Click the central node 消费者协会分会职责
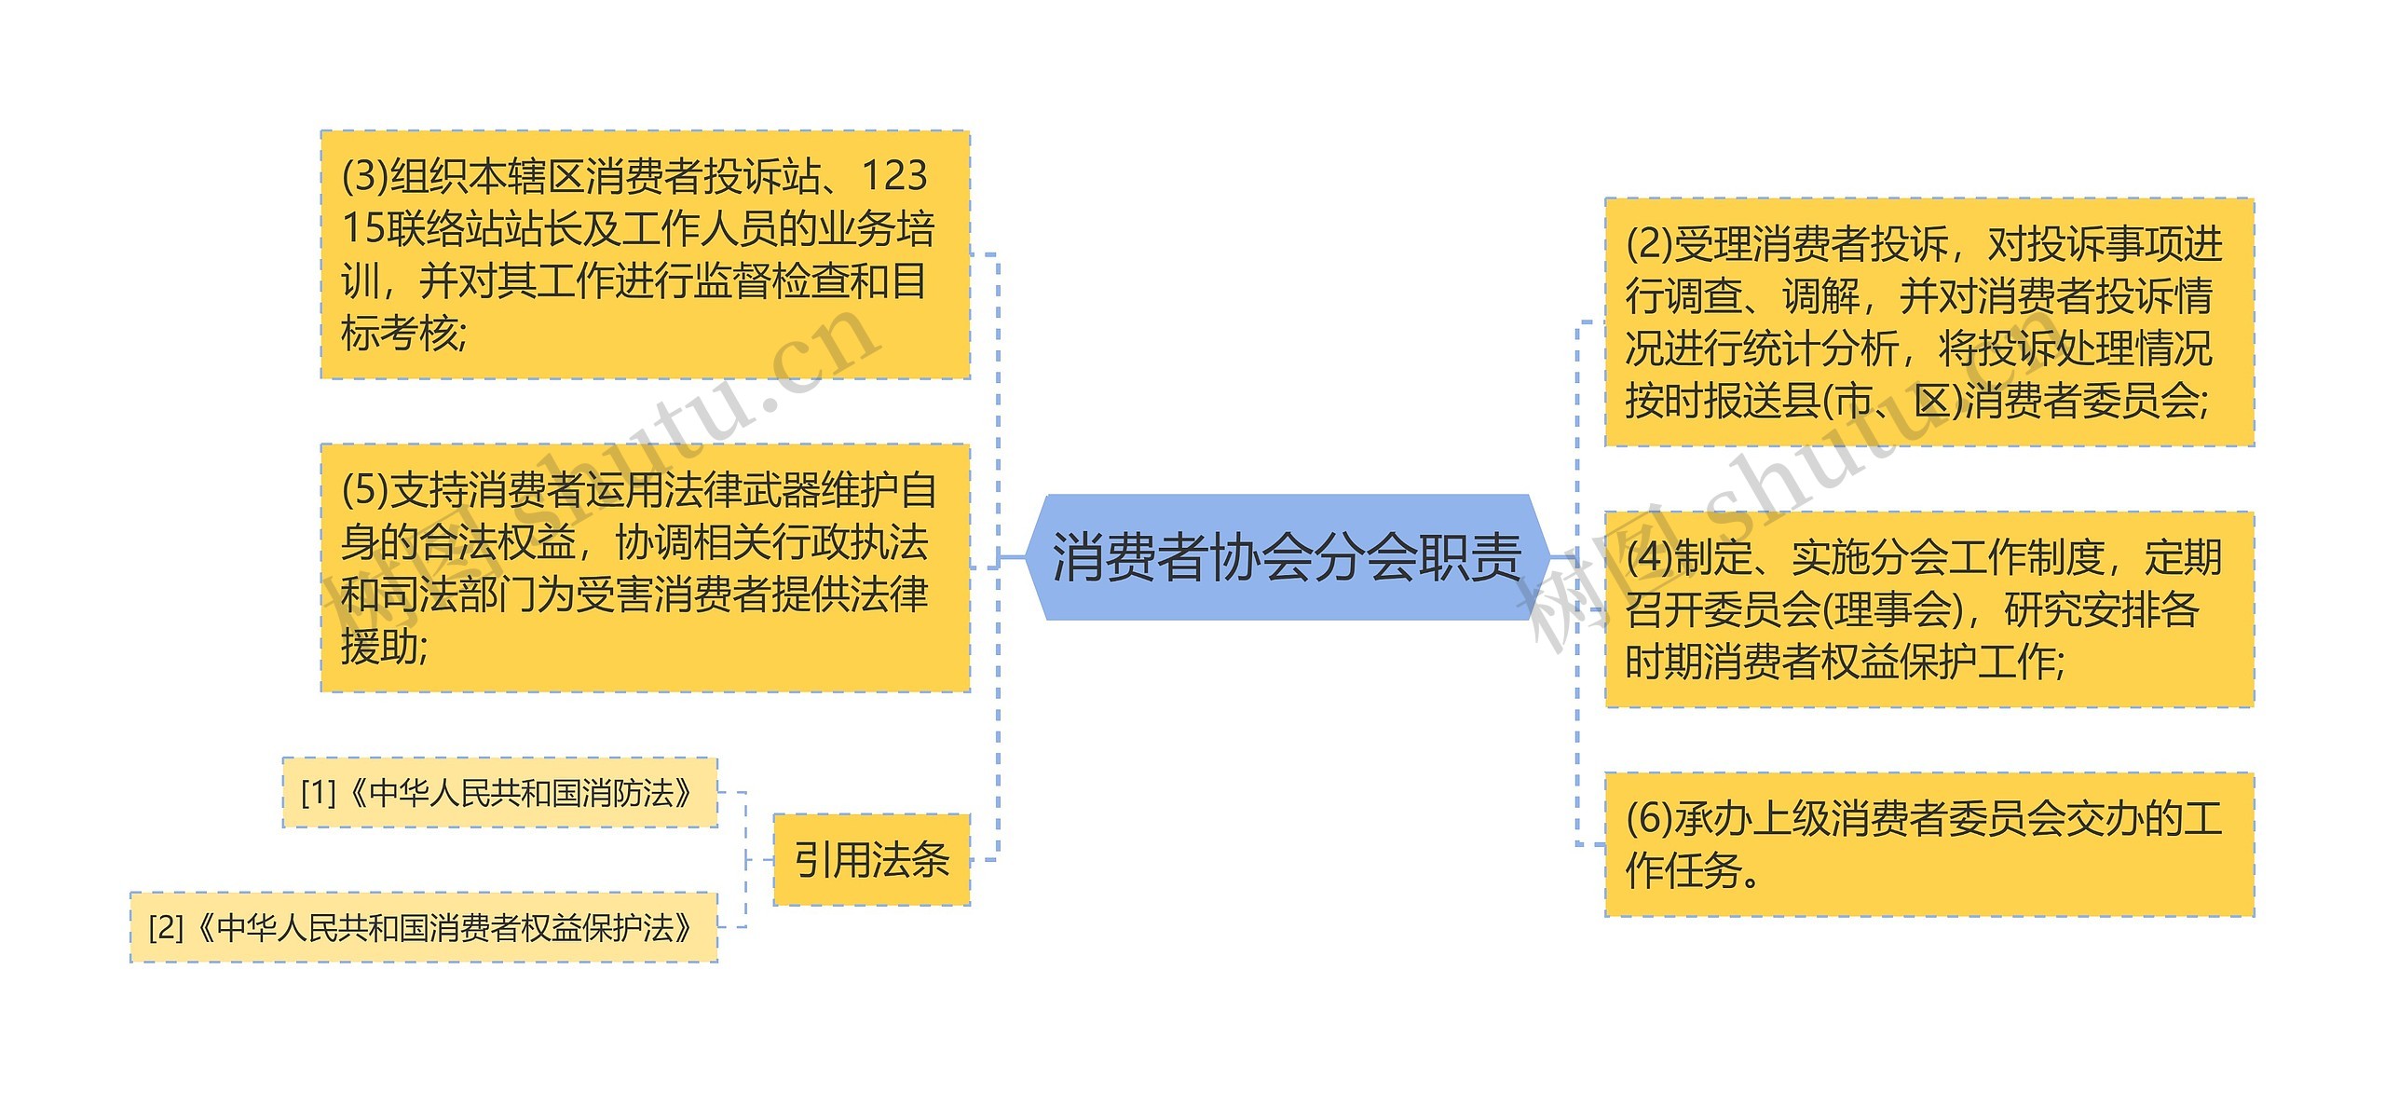click(x=1286, y=557)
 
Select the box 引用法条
click(x=871, y=859)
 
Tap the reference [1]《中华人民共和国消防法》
click(x=499, y=793)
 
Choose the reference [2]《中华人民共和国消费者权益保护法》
click(x=423, y=927)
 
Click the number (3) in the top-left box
click(x=364, y=176)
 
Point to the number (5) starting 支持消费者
click(x=364, y=490)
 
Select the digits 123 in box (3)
click(x=894, y=176)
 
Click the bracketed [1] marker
click(x=318, y=793)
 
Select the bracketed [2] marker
click(x=166, y=927)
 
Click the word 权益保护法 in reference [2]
click(x=596, y=927)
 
